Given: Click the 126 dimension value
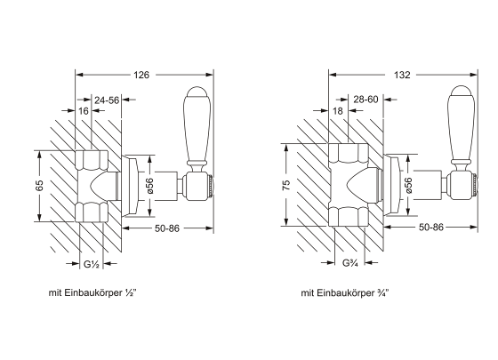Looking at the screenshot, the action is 141,75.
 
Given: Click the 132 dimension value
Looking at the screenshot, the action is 402,75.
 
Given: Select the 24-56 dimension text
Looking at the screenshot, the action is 107,100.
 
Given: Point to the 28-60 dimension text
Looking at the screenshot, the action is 365,100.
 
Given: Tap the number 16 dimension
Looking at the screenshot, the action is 84,111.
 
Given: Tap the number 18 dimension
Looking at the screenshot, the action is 338,111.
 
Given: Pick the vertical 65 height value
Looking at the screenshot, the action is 39,186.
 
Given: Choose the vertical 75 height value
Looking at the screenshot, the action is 286,185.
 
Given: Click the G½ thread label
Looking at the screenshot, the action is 92,264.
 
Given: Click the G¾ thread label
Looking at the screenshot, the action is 350,263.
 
